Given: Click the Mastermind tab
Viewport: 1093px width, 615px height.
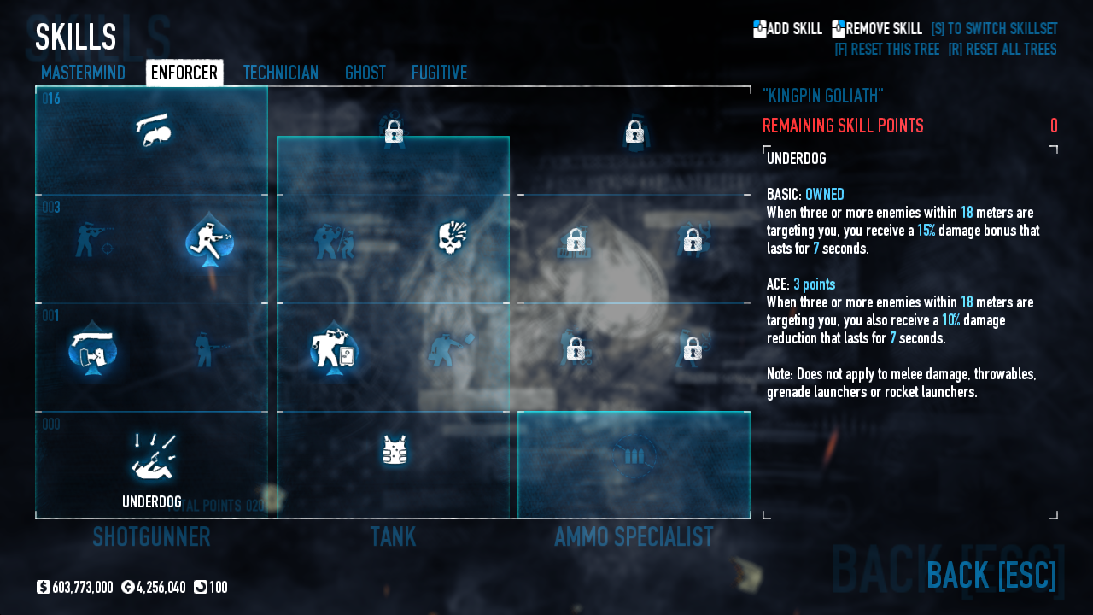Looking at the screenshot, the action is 83,73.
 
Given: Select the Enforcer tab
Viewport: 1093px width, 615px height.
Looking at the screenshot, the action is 184,73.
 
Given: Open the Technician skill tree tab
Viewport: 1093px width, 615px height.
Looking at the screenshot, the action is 280,73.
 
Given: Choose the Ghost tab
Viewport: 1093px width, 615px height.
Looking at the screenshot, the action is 365,73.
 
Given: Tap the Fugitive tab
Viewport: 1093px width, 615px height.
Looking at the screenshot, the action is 439,73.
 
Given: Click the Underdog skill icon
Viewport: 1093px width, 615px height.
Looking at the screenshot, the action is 152,458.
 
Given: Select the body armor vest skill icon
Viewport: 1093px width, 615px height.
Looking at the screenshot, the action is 394,450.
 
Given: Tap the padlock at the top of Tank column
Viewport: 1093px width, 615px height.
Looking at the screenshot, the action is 394,132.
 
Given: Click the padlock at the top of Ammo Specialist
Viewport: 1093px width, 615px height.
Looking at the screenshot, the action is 634,132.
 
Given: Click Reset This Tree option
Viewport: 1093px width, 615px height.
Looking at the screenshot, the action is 886,50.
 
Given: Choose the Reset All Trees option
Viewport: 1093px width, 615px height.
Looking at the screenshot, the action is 1002,50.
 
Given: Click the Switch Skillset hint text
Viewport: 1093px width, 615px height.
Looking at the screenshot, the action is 993,29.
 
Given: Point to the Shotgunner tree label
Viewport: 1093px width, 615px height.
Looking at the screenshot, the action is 151,537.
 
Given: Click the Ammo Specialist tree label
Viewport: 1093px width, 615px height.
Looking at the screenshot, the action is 634,537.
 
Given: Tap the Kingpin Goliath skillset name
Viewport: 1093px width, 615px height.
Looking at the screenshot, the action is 822,96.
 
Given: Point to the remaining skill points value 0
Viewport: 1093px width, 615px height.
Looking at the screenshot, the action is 1054,126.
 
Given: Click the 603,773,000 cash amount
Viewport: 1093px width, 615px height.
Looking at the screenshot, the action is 82,588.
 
